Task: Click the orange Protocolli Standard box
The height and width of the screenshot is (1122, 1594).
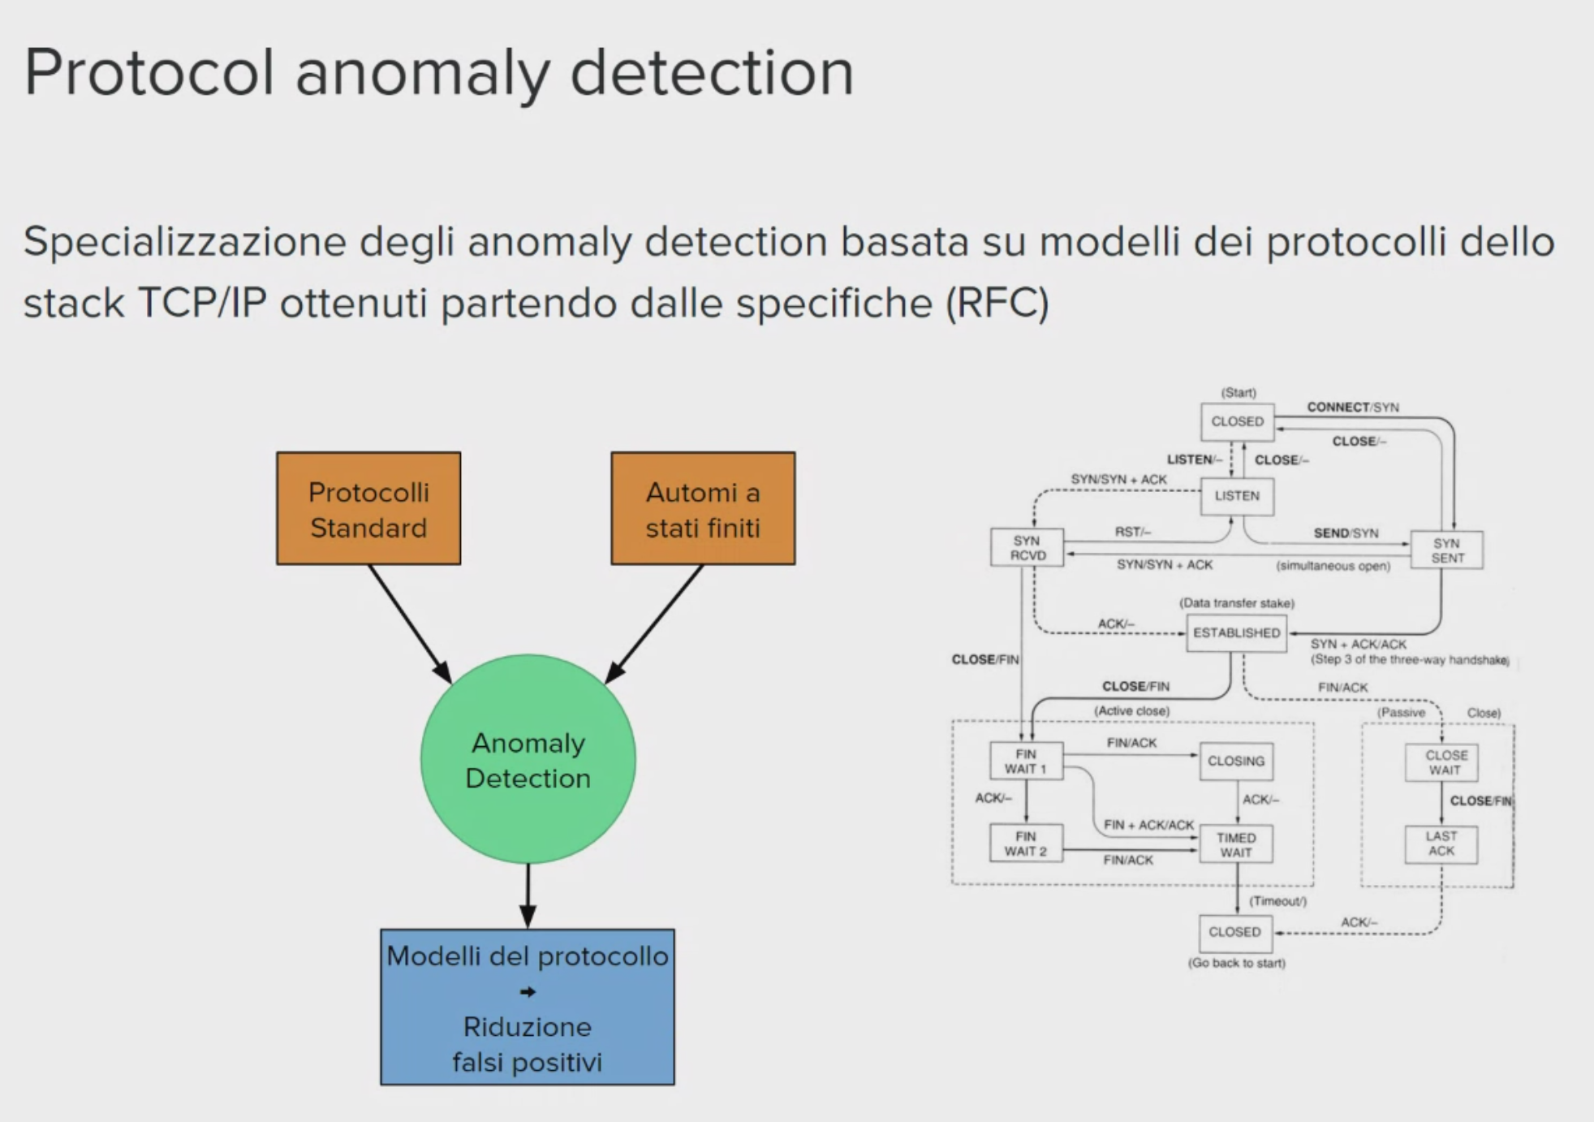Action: pos(368,509)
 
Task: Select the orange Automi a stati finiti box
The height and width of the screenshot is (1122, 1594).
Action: pos(703,509)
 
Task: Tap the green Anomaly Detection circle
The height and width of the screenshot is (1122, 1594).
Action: pos(528,760)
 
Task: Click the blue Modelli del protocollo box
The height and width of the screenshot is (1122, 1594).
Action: pos(528,1007)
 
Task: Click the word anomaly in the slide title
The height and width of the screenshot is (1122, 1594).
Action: pos(422,73)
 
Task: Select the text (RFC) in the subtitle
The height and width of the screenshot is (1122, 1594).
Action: pos(997,304)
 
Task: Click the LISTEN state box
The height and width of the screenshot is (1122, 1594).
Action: pos(1237,496)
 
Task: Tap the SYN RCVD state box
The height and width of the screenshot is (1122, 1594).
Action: pos(1027,548)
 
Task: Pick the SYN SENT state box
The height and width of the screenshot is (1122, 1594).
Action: pos(1447,550)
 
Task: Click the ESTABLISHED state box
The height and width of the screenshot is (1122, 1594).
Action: pos(1236,633)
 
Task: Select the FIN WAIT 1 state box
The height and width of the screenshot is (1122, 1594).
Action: pos(1026,762)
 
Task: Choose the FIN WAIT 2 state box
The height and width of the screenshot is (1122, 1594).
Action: pos(1026,844)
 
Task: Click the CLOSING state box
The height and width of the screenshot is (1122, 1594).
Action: pos(1236,762)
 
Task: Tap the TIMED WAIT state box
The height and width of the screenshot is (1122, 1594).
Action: pos(1236,845)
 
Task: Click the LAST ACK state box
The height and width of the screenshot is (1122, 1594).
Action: pos(1441,844)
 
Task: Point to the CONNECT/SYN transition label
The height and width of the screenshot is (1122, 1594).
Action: pos(1352,408)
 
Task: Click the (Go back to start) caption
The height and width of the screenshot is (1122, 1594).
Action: pos(1236,963)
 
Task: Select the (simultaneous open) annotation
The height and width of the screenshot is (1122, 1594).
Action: pos(1333,566)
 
